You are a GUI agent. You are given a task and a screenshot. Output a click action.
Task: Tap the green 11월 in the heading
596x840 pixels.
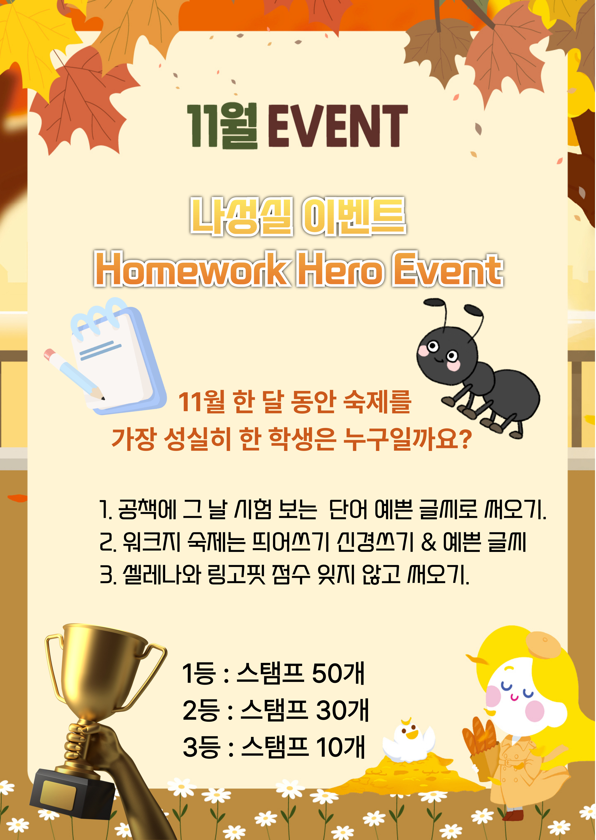(x=222, y=126)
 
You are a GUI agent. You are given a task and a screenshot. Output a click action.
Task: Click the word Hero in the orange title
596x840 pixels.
(x=341, y=269)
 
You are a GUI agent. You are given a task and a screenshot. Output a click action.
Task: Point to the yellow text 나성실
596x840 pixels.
(x=241, y=216)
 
